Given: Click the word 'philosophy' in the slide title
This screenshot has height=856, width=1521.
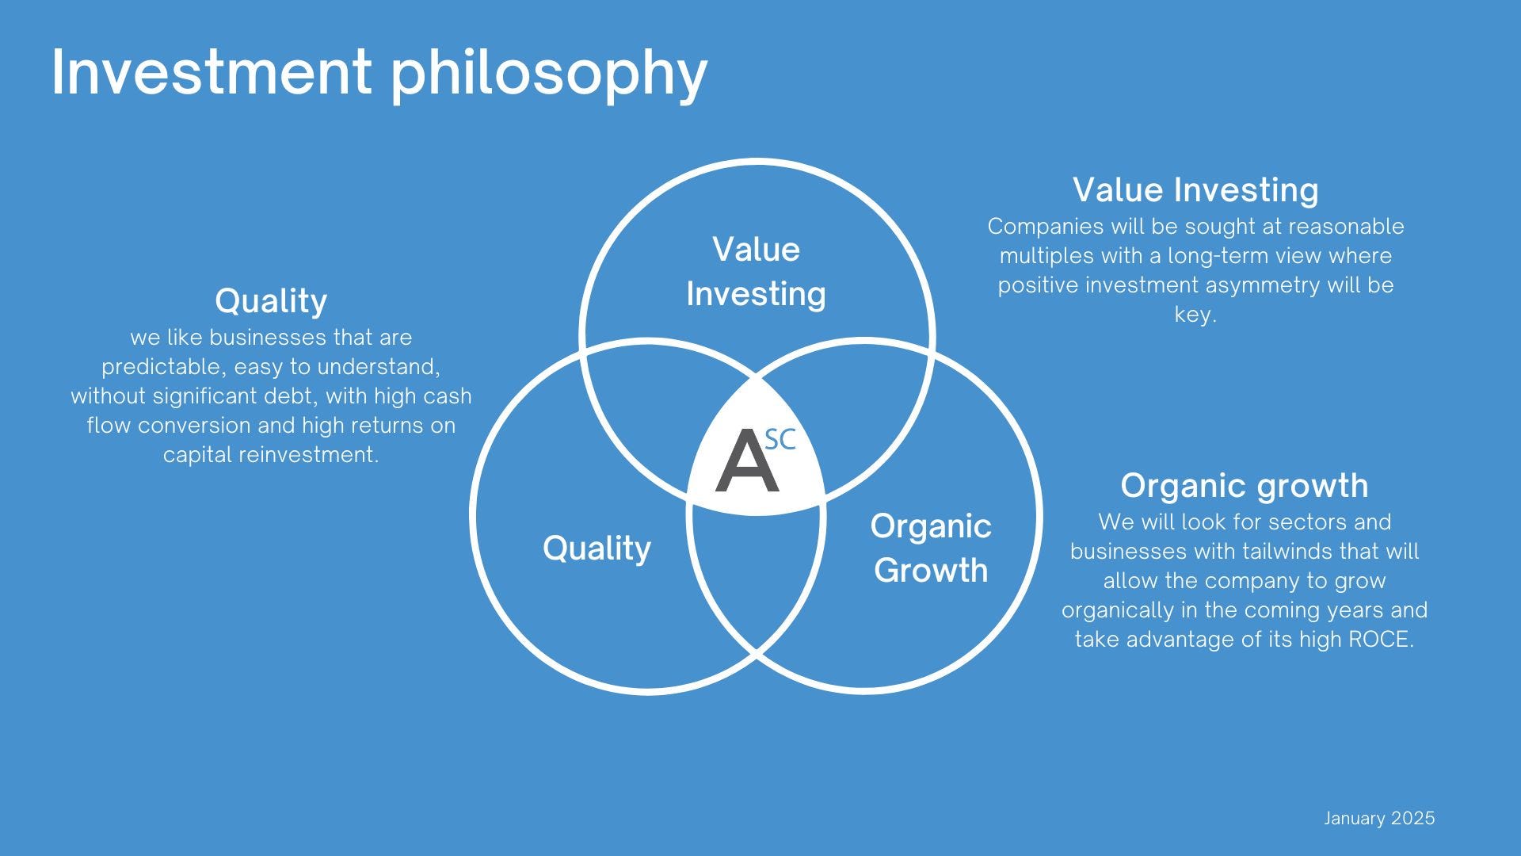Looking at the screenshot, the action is (548, 75).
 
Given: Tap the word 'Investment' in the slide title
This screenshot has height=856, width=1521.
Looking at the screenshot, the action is (211, 71).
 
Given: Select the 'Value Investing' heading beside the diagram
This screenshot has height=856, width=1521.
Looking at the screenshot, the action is (1195, 191).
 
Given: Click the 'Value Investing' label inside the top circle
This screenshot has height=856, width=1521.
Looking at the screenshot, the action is (756, 272).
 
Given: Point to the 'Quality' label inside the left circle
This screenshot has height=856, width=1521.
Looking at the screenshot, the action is (597, 548).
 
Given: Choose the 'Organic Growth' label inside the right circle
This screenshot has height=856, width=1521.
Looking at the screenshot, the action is (931, 548).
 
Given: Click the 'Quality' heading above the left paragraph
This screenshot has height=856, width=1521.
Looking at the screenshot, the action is (271, 302).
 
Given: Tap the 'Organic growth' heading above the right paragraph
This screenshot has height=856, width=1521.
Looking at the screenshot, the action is (1244, 487).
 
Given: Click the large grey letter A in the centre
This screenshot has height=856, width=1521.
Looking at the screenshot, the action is (746, 461).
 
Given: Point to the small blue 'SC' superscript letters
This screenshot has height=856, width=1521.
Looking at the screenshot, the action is (780, 440).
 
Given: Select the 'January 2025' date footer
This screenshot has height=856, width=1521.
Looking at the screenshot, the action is (1379, 819).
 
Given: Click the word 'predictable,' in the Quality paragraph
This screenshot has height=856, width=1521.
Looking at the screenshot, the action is (164, 368).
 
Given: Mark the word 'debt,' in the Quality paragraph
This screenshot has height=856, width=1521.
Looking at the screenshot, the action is (294, 396).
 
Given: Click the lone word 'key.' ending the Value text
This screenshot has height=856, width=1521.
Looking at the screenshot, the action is (1195, 315).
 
